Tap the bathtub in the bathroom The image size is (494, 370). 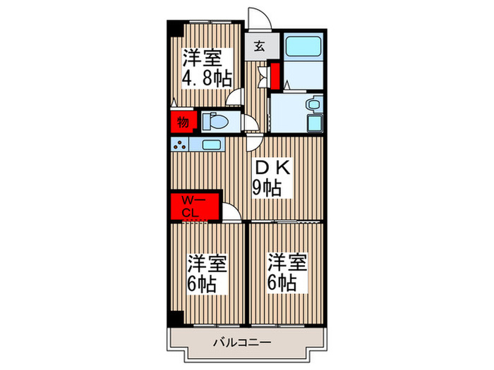pos(303,48)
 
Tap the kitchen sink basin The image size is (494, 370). pos(210,145)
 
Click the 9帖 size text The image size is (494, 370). pos(267,188)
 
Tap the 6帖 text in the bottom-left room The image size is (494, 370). pos(203,284)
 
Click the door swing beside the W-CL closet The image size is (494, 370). pos(231,211)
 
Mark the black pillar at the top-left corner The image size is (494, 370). pos(171,27)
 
